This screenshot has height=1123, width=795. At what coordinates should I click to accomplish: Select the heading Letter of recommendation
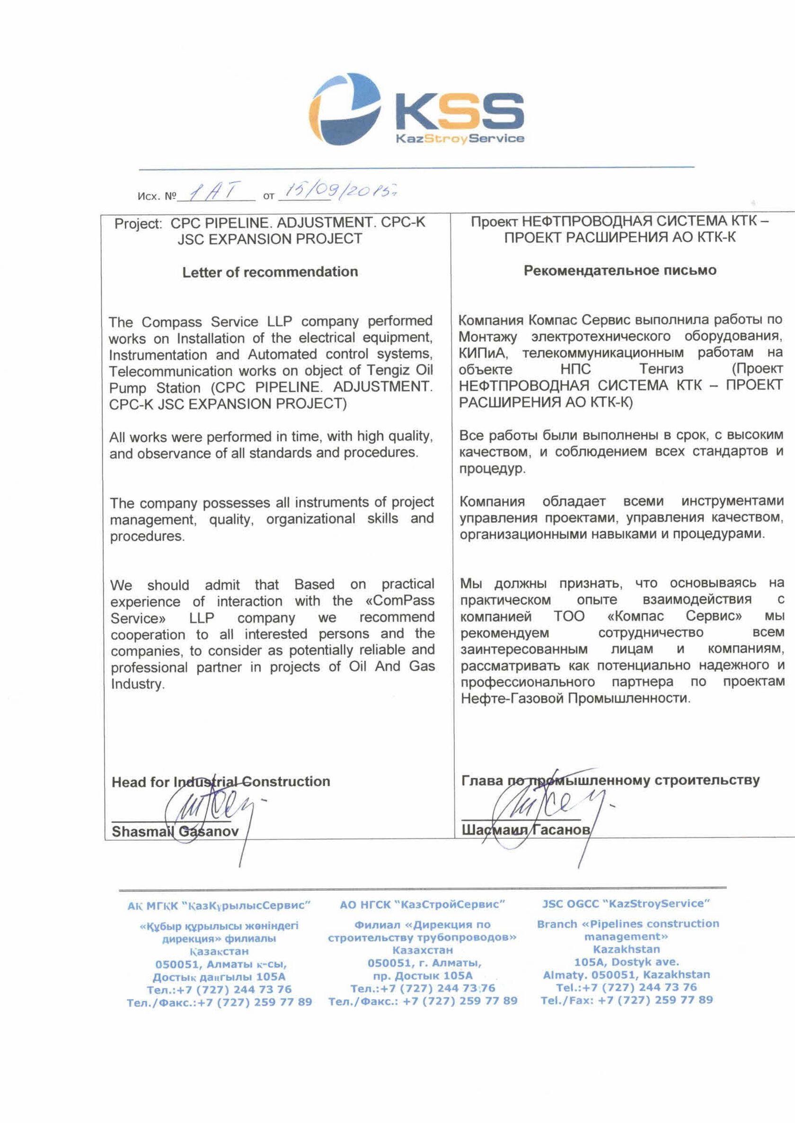tap(270, 272)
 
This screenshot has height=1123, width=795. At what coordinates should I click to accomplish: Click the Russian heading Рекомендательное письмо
tap(620, 271)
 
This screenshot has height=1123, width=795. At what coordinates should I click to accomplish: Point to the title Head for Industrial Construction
tap(221, 782)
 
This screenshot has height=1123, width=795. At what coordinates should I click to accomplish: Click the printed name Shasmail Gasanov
tap(175, 831)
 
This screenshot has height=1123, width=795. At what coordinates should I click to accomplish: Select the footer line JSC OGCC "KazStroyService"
tap(626, 904)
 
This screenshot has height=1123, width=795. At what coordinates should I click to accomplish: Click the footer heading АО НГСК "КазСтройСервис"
tap(422, 904)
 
